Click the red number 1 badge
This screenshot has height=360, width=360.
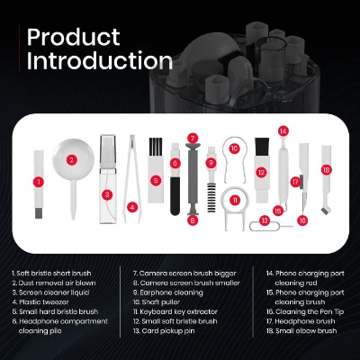coord(39,181)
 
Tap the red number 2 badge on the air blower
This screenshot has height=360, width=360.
coord(71,160)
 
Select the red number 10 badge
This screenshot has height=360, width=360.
coord(234,148)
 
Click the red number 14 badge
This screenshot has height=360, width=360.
coord(283,131)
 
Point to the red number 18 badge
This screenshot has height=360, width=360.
coord(326,169)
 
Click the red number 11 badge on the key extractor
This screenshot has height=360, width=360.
coord(236,200)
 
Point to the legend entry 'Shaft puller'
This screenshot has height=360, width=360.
coord(158,303)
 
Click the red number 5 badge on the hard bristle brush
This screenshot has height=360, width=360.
coord(155,180)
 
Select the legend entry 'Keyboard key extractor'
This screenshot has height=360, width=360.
coord(175,311)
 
